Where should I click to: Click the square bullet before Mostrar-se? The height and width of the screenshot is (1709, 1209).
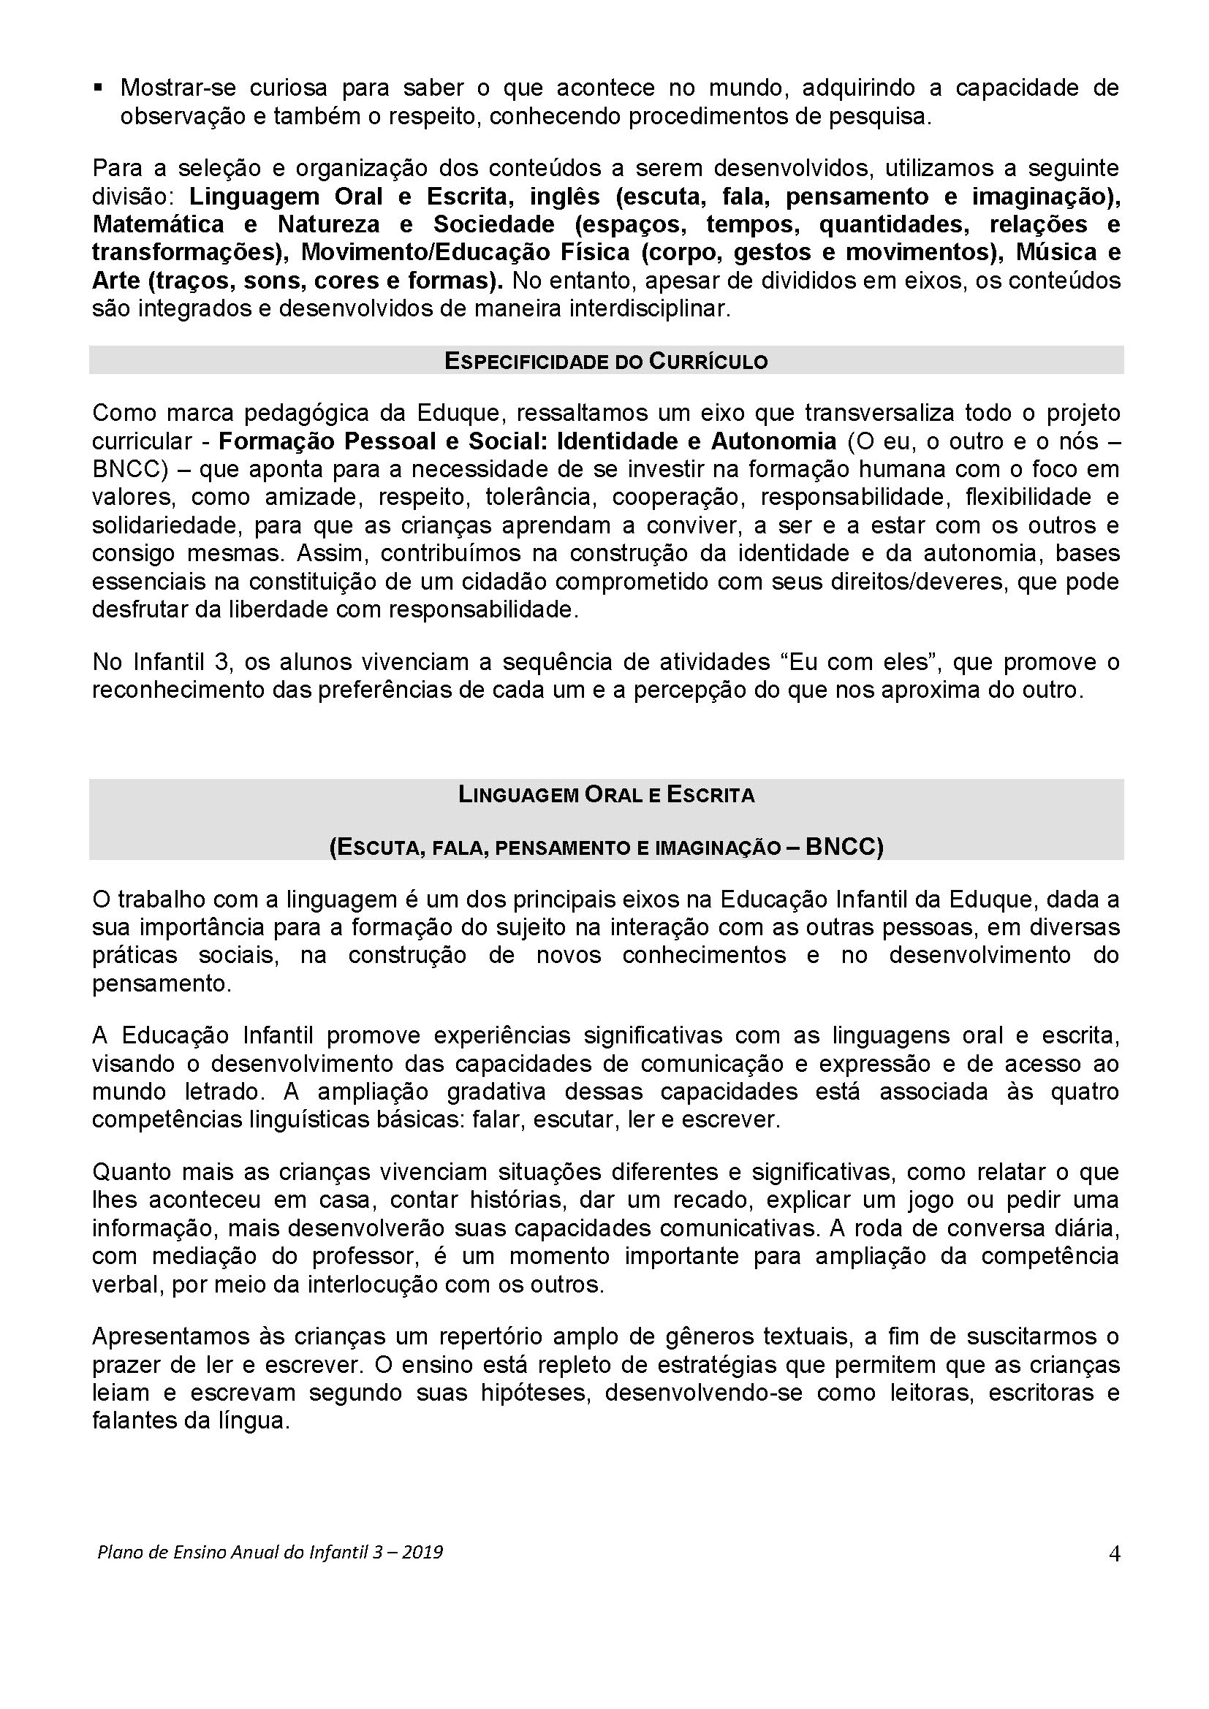pyautogui.click(x=97, y=88)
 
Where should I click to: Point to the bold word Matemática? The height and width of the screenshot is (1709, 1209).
pyautogui.click(x=158, y=225)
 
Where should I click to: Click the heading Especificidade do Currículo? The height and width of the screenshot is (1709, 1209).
pyautogui.click(x=606, y=361)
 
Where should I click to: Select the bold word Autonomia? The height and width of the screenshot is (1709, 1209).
pyautogui.click(x=773, y=441)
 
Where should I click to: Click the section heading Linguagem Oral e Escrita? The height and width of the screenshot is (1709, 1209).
pyautogui.click(x=606, y=795)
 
